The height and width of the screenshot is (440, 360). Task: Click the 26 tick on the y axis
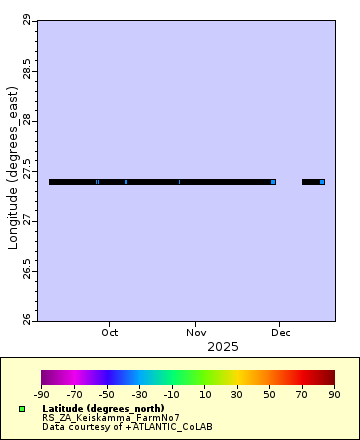(x=25, y=319)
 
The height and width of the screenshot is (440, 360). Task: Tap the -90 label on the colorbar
(x=41, y=394)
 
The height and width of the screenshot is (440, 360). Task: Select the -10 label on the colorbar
(x=172, y=394)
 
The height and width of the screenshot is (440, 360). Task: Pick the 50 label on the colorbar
(x=269, y=394)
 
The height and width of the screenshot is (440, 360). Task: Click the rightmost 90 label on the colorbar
(x=334, y=394)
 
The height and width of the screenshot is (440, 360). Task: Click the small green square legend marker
(x=22, y=409)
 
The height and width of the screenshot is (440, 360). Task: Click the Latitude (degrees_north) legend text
(x=95, y=409)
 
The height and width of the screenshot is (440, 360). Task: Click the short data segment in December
(x=313, y=182)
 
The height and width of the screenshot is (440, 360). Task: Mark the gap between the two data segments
(x=289, y=182)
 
